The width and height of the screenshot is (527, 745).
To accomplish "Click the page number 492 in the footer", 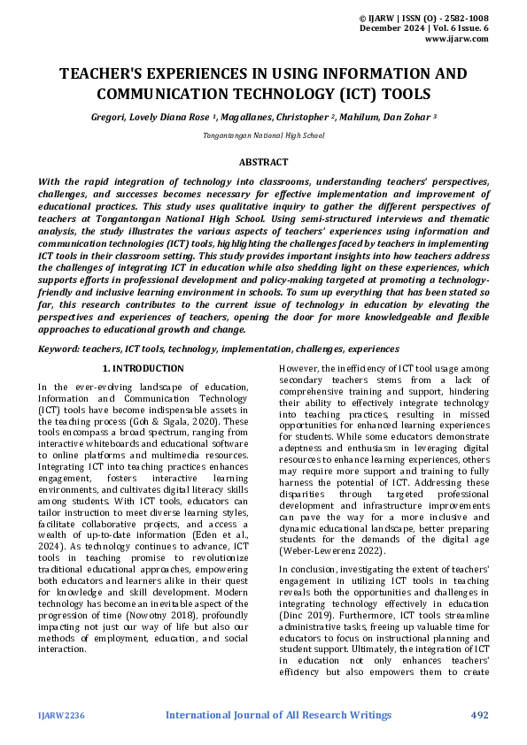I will point(479,715).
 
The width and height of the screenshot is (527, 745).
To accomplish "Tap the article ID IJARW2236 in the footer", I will point(62,715).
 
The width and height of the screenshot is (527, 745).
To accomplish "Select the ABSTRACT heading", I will point(263,162).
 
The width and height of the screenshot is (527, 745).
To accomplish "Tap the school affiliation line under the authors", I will point(263,134).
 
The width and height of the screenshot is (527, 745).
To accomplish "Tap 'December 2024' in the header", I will point(391,28).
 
